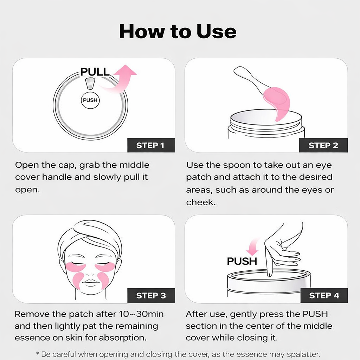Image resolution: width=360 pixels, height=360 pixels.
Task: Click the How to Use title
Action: pyautogui.click(x=178, y=31)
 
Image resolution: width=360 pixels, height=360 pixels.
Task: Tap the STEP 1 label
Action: pyautogui.click(x=150, y=145)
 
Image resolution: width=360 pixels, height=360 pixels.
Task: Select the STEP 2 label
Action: pyautogui.click(x=323, y=145)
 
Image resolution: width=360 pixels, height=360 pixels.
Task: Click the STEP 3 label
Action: pyautogui.click(x=151, y=296)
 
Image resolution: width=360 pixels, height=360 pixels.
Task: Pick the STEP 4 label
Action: pyautogui.click(x=324, y=296)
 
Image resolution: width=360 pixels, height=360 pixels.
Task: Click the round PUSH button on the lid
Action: pyautogui.click(x=90, y=100)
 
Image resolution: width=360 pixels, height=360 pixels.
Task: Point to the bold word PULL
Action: pyautogui.click(x=95, y=72)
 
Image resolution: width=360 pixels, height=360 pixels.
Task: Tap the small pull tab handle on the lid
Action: pyautogui.click(x=90, y=84)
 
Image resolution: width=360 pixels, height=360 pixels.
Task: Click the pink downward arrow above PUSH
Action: pyautogui.click(x=252, y=248)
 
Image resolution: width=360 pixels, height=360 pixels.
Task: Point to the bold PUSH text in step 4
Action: pyautogui.click(x=242, y=262)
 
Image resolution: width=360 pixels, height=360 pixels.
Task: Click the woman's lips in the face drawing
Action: pyautogui.click(x=91, y=282)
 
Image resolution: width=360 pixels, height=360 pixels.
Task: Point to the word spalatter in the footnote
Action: pyautogui.click(x=302, y=354)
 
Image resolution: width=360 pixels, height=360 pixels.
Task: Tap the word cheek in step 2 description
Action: pyautogui.click(x=200, y=202)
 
